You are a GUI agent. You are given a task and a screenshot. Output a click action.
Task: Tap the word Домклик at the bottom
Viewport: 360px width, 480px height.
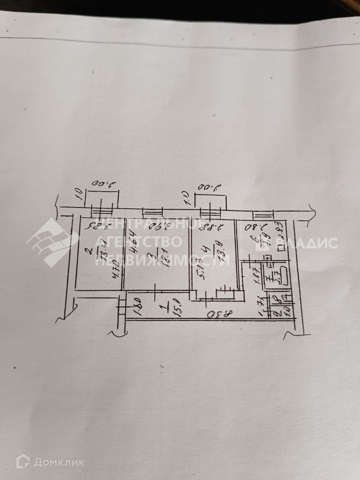58,462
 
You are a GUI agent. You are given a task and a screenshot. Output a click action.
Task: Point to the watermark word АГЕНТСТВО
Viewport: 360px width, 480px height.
138,242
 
